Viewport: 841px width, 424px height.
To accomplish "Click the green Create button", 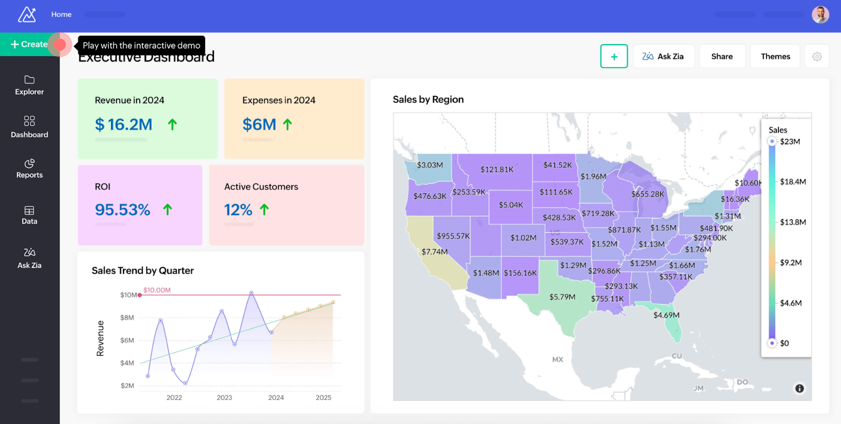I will tap(29, 45).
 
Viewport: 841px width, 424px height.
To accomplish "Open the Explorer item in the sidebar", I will tap(29, 85).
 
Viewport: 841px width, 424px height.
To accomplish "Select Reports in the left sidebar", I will tap(29, 168).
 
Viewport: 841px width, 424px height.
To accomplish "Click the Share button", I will tap(722, 56).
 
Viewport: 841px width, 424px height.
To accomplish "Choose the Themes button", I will tap(775, 56).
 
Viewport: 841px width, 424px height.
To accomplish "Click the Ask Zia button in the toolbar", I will tap(663, 56).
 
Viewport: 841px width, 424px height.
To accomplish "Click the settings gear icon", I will tap(817, 56).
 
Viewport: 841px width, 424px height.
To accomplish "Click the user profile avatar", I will tap(820, 15).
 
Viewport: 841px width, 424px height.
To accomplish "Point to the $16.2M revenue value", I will tap(124, 125).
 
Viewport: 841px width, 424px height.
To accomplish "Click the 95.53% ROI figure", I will tap(122, 210).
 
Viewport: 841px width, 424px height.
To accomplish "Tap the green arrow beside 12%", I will tap(264, 210).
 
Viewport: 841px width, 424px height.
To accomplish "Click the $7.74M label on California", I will tap(435, 252).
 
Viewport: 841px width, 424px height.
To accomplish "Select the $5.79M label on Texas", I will tap(562, 297).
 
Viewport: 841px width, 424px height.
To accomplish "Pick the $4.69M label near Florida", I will tap(666, 315).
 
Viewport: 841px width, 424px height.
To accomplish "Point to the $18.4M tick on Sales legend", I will tap(793, 182).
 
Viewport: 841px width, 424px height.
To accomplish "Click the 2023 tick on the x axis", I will tap(224, 398).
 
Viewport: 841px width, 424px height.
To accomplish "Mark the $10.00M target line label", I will tap(157, 290).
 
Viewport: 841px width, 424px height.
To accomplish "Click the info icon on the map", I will tap(799, 389).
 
